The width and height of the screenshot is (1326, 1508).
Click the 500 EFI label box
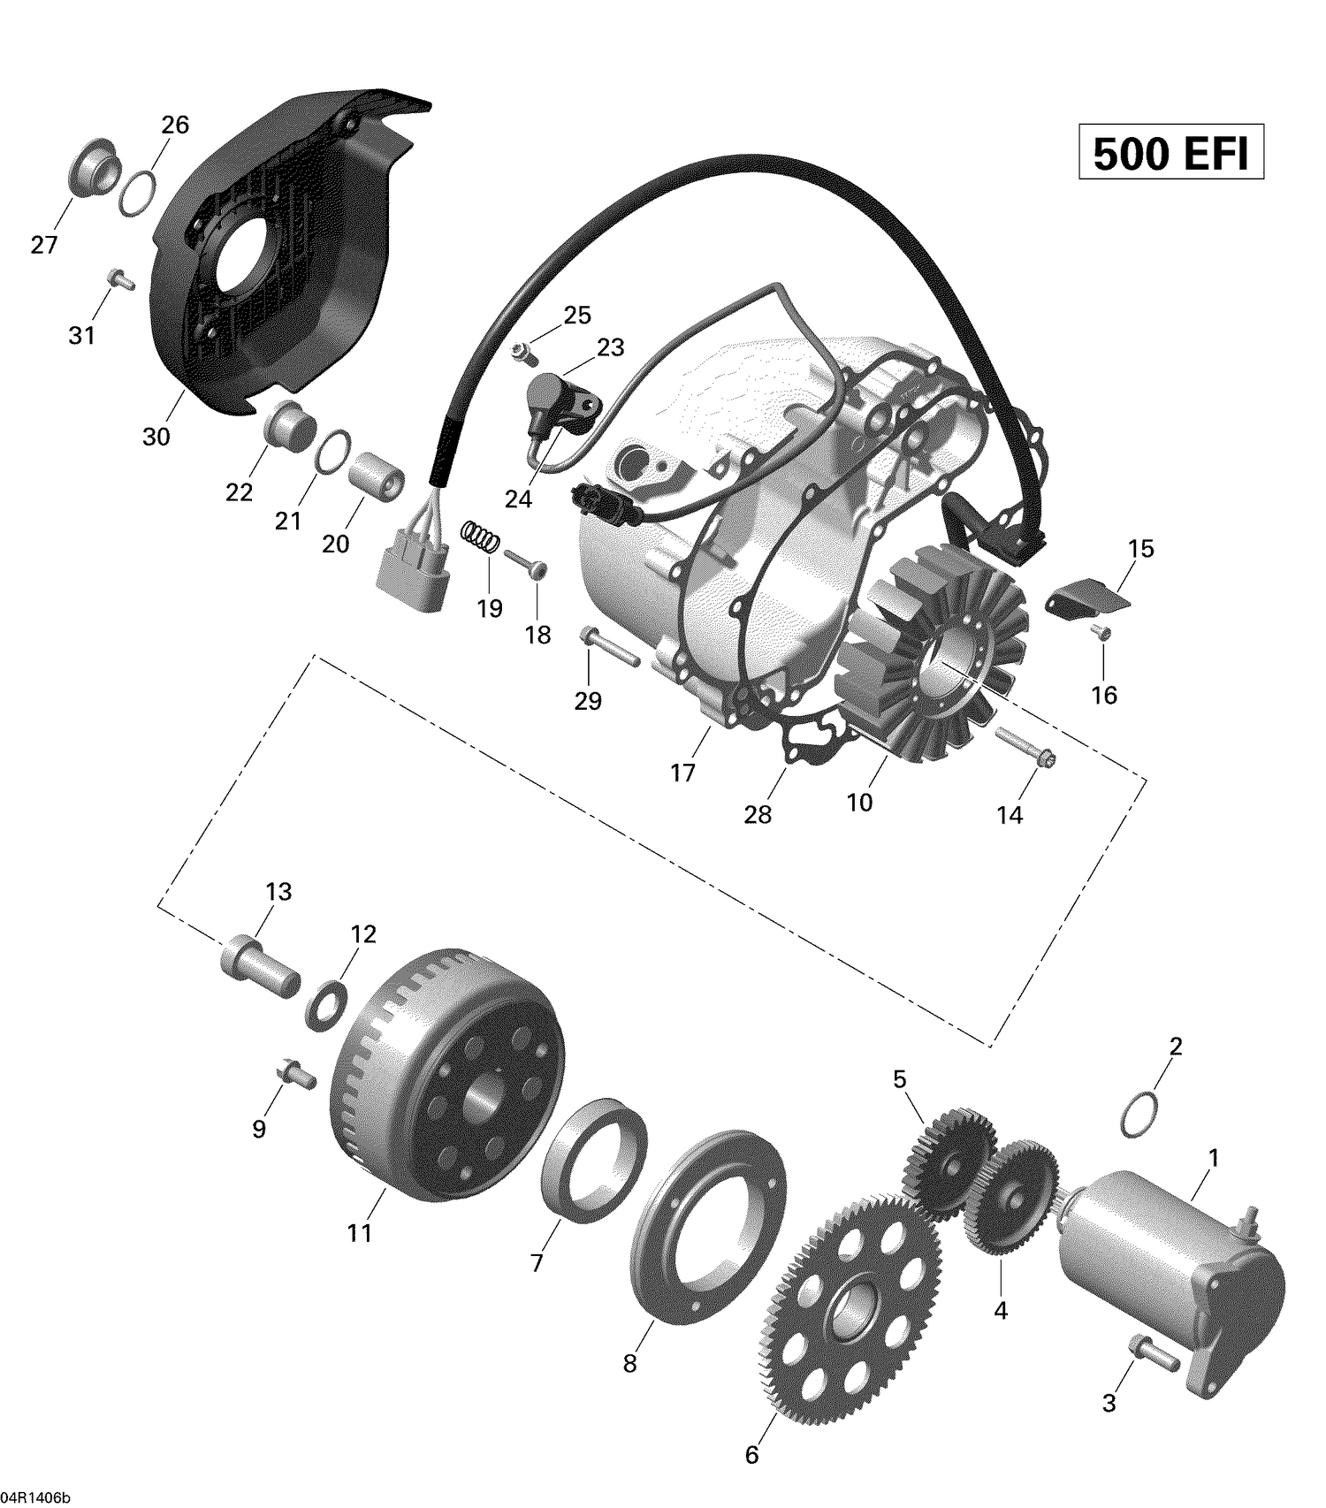coord(1170,154)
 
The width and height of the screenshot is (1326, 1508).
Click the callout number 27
coord(44,245)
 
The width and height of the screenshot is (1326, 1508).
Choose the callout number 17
coord(682,773)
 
